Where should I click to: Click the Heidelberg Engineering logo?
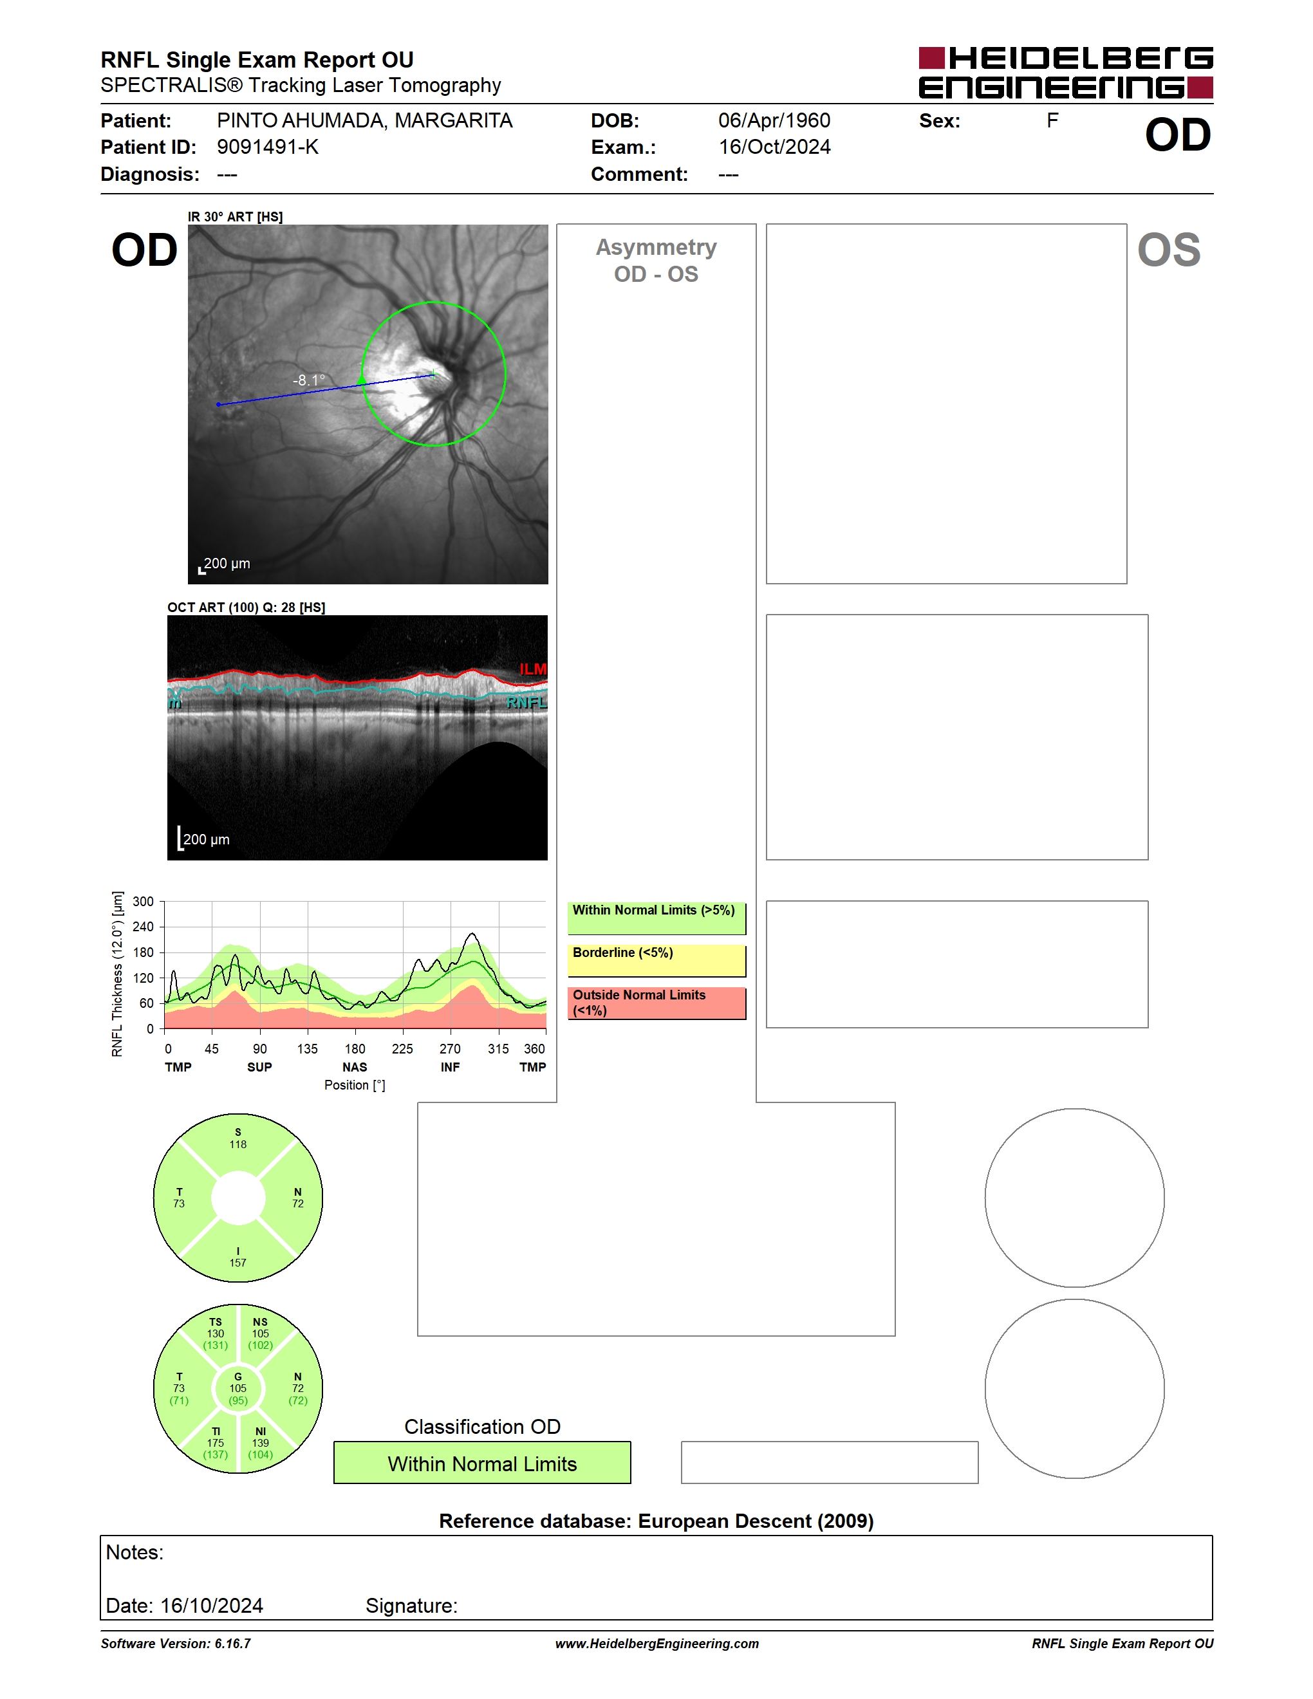[1066, 73]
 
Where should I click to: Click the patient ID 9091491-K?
[268, 147]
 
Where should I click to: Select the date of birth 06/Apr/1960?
[774, 120]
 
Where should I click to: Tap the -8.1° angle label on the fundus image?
[309, 380]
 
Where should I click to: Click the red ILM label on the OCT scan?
[533, 669]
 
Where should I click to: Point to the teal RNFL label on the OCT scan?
[526, 703]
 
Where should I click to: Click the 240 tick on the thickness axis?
[143, 927]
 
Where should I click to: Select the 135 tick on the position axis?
[307, 1048]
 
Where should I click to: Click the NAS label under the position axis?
[355, 1067]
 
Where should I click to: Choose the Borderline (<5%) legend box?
[656, 961]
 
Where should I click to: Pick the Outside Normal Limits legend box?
[656, 1003]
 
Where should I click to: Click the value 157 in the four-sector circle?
[238, 1263]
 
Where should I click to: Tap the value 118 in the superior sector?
[238, 1144]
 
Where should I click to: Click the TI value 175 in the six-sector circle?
[216, 1442]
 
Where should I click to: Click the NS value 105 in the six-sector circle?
[261, 1333]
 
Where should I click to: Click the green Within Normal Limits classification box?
[482, 1463]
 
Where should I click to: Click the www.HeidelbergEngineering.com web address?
[657, 1644]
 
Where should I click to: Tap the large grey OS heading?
[1168, 250]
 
